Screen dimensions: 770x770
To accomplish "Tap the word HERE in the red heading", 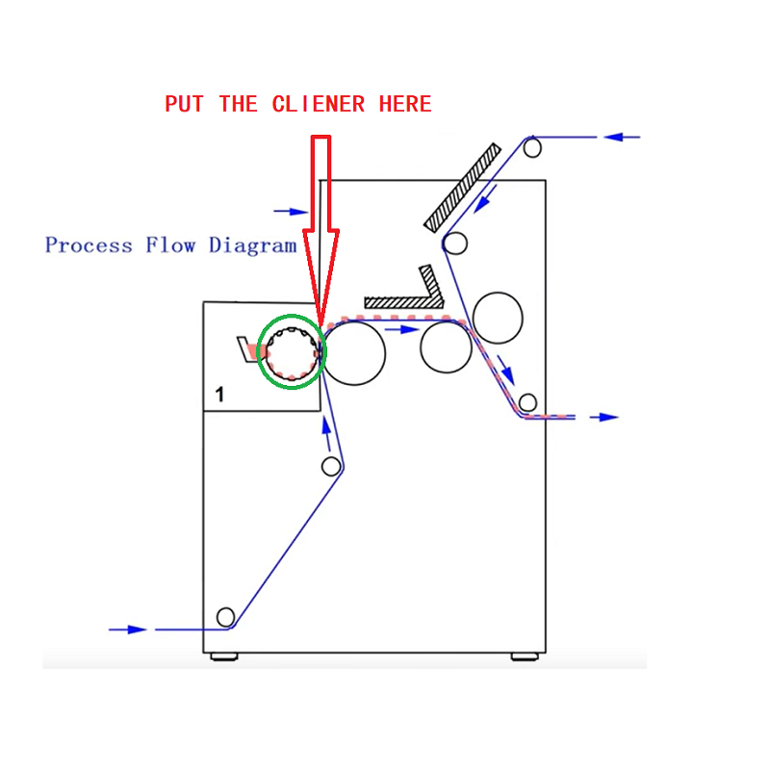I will point(405,104).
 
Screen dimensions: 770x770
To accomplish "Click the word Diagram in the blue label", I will point(253,245).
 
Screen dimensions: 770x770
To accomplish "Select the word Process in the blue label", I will point(89,245).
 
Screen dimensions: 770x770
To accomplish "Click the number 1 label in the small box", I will point(219,393).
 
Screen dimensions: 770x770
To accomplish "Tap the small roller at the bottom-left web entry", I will point(226,616).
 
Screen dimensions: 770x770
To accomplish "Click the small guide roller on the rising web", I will point(331,467).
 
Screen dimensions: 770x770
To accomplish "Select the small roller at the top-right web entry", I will point(532,147).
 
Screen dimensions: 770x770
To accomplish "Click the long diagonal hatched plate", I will point(463,187).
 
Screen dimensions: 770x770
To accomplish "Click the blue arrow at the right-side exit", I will point(604,417).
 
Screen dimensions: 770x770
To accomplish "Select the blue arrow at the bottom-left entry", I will point(128,629).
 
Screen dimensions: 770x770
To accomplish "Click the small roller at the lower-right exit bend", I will point(527,401).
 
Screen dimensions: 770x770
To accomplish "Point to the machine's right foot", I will point(524,656).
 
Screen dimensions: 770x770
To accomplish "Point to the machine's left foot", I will point(223,656).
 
